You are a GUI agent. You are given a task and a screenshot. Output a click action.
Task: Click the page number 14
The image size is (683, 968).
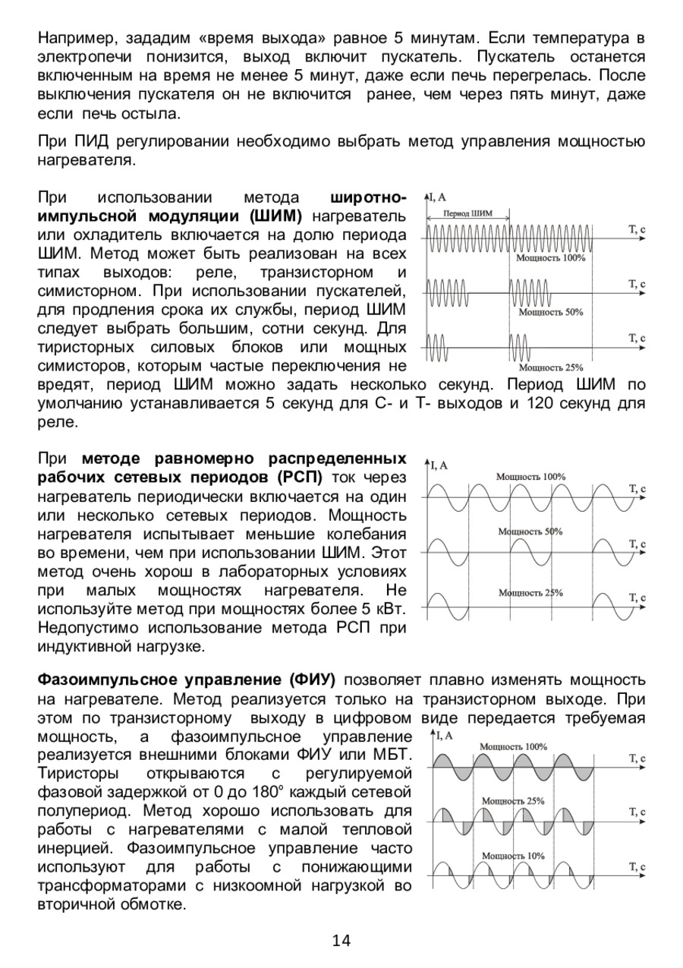[x=341, y=941]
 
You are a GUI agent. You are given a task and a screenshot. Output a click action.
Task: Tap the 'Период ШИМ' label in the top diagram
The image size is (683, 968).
[x=467, y=213]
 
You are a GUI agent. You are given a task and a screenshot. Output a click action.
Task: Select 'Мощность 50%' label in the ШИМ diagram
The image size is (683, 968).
[x=551, y=312]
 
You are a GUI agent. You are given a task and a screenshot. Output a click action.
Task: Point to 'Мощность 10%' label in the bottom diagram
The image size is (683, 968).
[x=513, y=856]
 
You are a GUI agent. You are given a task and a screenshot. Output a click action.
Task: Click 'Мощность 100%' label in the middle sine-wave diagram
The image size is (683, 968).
[x=530, y=476]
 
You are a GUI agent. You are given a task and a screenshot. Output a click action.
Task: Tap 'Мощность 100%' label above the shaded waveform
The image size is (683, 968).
[x=513, y=746]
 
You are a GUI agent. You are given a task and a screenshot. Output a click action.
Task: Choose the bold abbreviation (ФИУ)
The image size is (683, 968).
[x=313, y=679]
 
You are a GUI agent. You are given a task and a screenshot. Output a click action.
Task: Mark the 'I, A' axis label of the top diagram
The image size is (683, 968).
[x=439, y=197]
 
